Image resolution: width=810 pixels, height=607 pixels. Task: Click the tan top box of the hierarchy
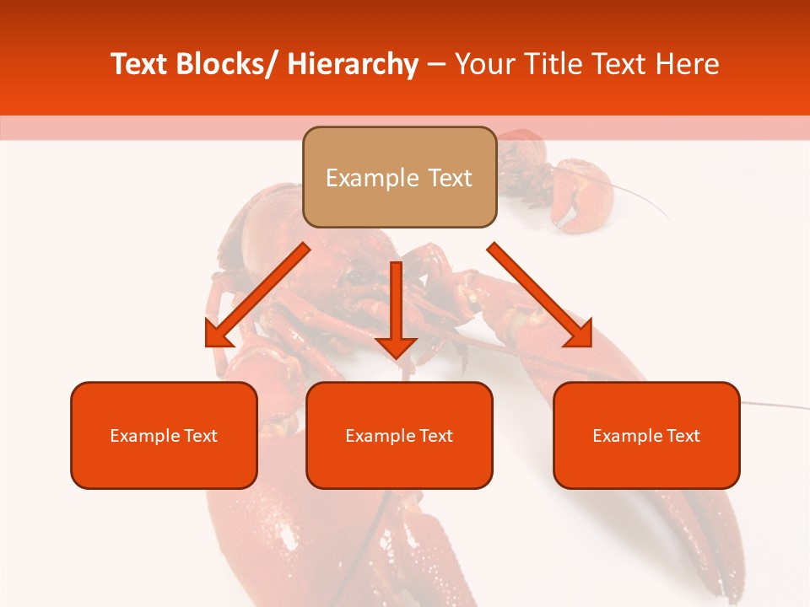399,177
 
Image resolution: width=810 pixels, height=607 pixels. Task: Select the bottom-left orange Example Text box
164,435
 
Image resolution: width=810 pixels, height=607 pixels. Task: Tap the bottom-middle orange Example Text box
399,435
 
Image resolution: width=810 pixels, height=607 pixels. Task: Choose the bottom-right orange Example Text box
646,435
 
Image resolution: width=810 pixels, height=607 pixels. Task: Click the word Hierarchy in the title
353,64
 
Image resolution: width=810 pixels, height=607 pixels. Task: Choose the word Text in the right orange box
683,436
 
